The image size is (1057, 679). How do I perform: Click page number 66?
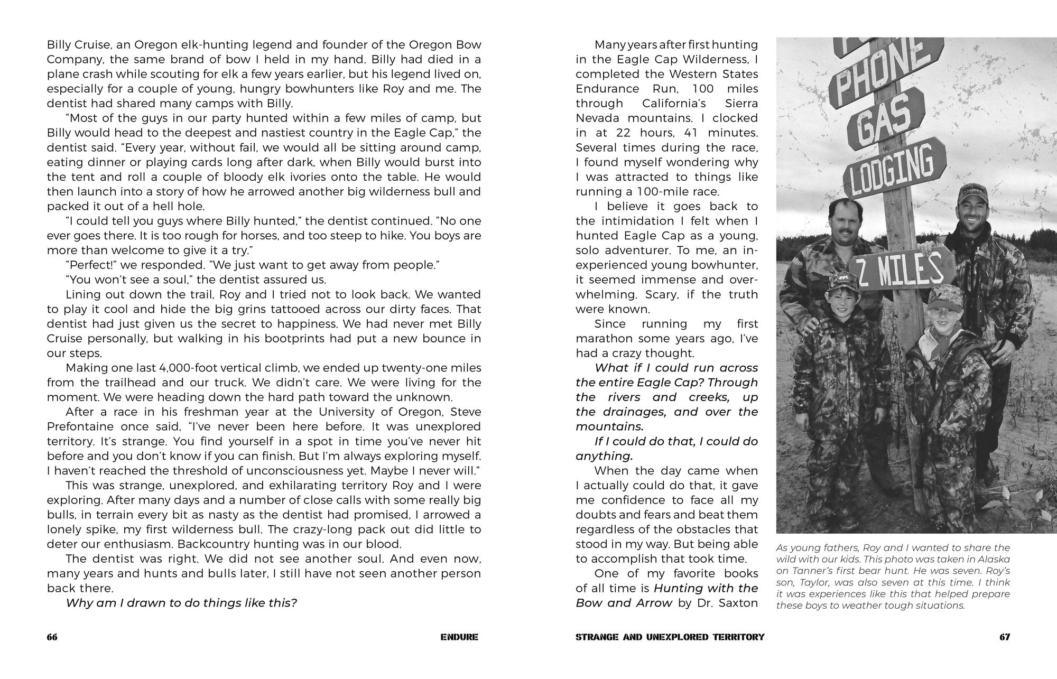click(x=52, y=637)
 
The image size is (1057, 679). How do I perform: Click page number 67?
click(x=1005, y=637)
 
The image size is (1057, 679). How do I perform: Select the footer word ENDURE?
click(x=459, y=637)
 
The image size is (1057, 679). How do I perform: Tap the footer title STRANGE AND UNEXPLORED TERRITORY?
click(x=670, y=637)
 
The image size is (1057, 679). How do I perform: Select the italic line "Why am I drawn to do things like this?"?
click(x=181, y=603)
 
